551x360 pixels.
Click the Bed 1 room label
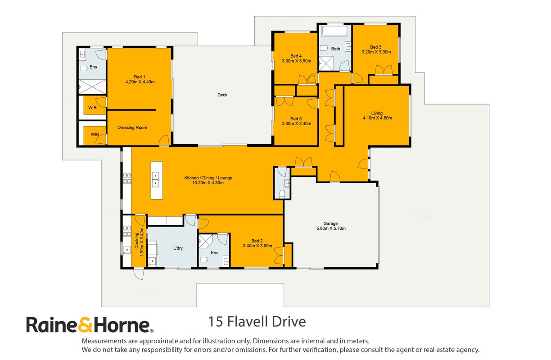(140, 77)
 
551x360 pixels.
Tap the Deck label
(222, 95)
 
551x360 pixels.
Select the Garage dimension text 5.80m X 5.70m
(331, 228)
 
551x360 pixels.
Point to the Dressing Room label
(132, 128)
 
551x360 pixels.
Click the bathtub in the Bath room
(335, 31)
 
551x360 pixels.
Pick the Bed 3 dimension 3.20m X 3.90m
(376, 52)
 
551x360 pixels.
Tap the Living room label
(377, 113)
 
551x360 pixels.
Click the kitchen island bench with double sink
(157, 180)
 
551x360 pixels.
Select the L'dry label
(178, 248)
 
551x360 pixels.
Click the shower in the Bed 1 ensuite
(92, 87)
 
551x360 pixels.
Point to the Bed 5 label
(296, 118)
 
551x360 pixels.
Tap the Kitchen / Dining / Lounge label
(208, 178)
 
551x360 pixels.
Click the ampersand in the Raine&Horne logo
(86, 325)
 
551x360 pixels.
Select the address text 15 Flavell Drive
(257, 322)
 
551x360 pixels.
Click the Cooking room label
(136, 241)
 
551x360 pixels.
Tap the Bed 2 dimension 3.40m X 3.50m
(257, 246)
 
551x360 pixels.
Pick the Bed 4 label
(296, 56)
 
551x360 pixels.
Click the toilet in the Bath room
(324, 48)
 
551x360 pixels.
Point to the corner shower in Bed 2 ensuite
(205, 241)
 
